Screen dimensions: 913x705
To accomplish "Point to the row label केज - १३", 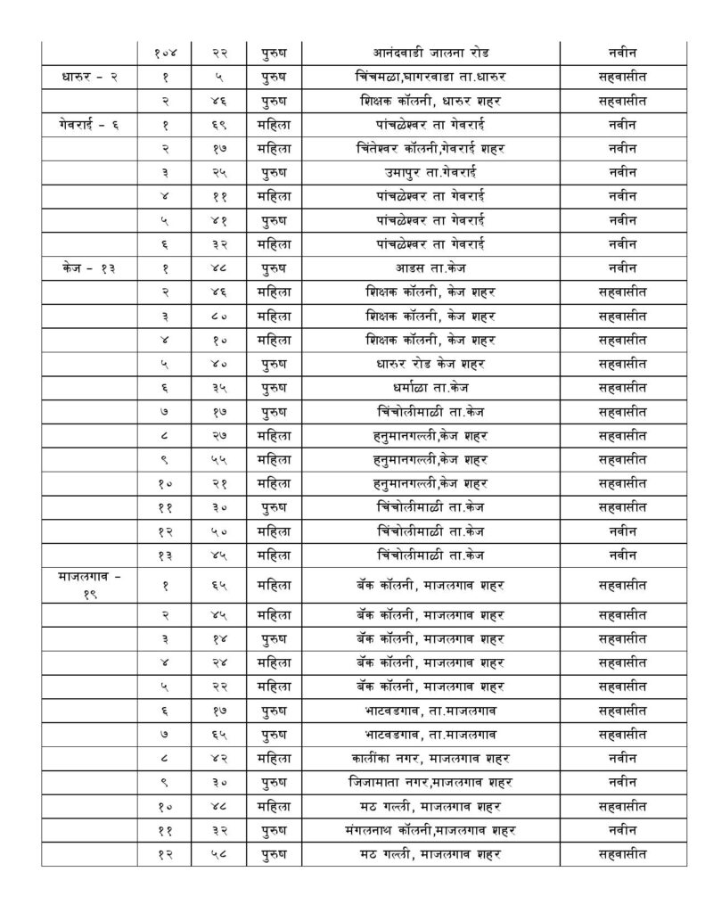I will click(x=88, y=266).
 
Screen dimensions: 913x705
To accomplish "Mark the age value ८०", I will click(x=218, y=314).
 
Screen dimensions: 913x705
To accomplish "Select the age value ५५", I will click(x=218, y=456).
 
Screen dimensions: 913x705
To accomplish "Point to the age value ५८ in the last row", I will click(x=218, y=854).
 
